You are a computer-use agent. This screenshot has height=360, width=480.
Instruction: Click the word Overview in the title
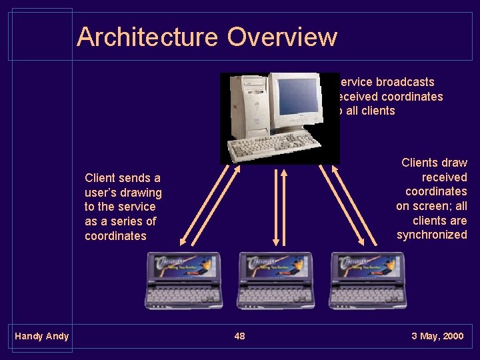pyautogui.click(x=281, y=37)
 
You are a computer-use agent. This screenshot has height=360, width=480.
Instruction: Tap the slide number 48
pyautogui.click(x=239, y=336)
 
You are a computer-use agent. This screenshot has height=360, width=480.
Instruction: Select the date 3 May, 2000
pyautogui.click(x=437, y=336)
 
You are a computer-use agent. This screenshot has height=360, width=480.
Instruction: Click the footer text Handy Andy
pyautogui.click(x=41, y=336)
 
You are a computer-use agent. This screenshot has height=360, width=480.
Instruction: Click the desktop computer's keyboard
pyautogui.click(x=273, y=142)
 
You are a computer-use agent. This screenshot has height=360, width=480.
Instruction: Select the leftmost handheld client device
pyautogui.click(x=183, y=281)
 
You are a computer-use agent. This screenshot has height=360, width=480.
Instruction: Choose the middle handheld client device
pyautogui.click(x=275, y=281)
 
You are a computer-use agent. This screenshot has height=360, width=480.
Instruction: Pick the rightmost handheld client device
pyautogui.click(x=368, y=281)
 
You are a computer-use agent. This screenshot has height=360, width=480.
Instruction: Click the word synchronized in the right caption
pyautogui.click(x=431, y=235)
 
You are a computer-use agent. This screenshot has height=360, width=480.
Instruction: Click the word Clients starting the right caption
pyautogui.click(x=419, y=163)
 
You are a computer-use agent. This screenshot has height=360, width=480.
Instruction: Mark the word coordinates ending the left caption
pyautogui.click(x=115, y=236)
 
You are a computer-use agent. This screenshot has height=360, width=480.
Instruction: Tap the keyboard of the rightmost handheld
pyautogui.click(x=368, y=293)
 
